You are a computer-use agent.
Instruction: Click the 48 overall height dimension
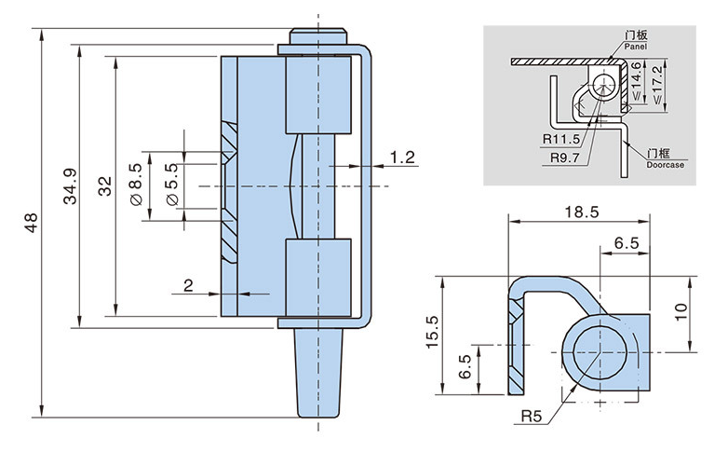(31, 224)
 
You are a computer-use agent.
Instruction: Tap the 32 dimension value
(105, 185)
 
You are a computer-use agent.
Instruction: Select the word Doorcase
(664, 164)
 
